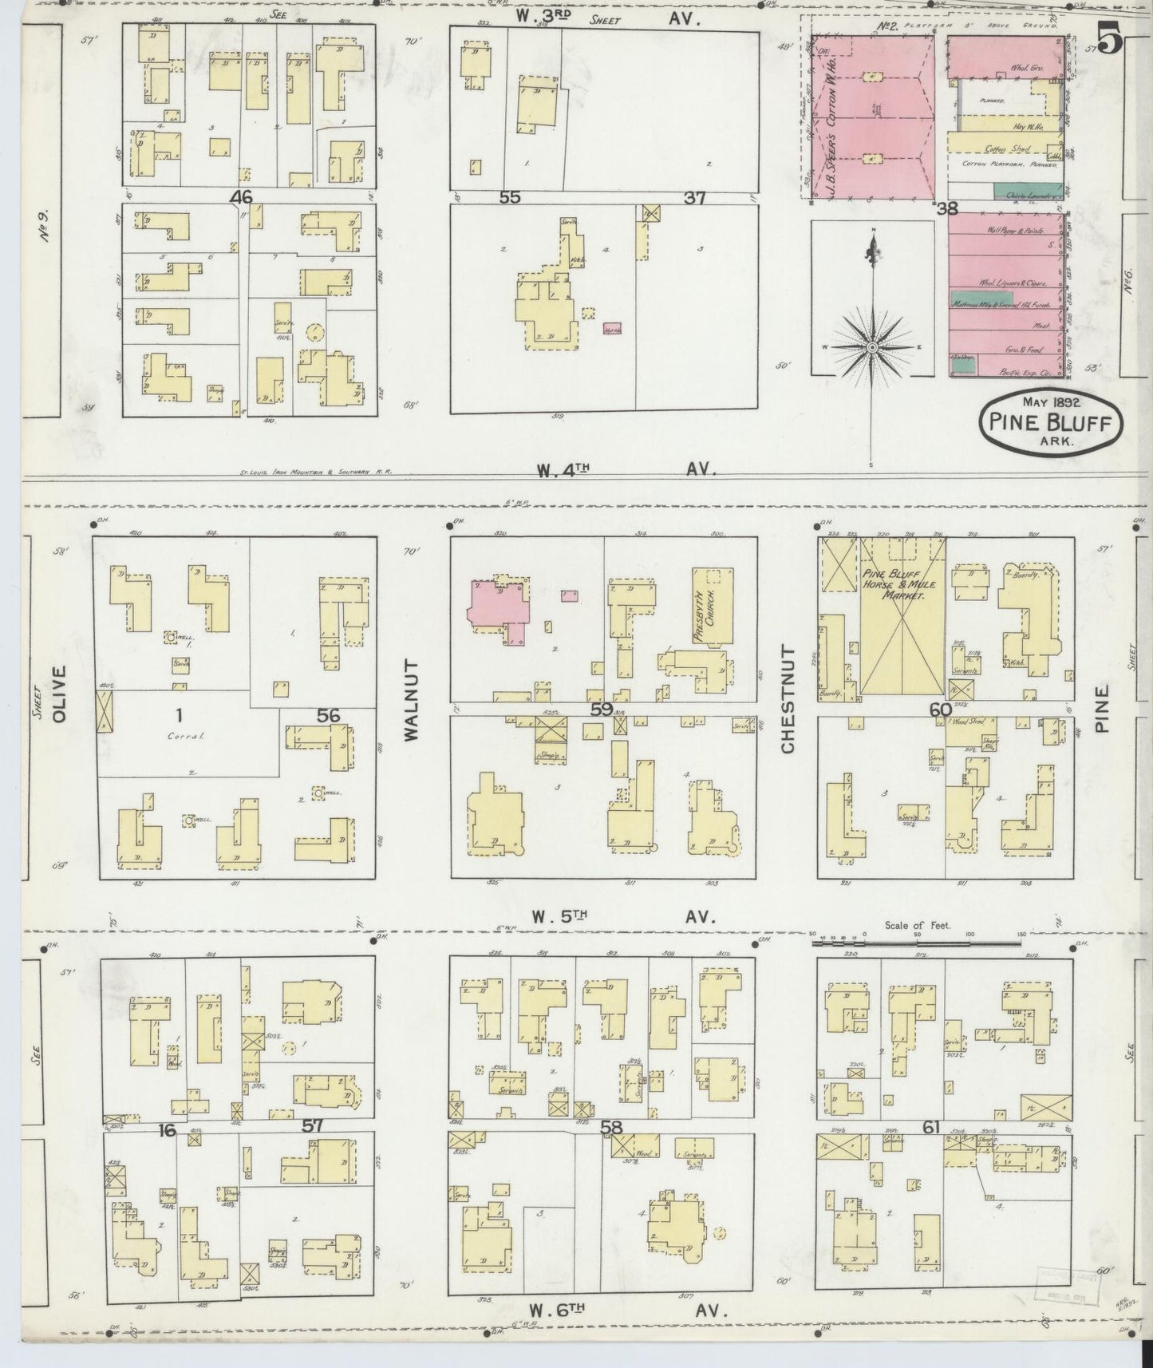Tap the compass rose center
click(872, 347)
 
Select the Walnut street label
click(411, 701)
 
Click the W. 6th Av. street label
click(622, 1309)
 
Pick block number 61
click(930, 1127)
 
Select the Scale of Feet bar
click(916, 943)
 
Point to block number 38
click(946, 209)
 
